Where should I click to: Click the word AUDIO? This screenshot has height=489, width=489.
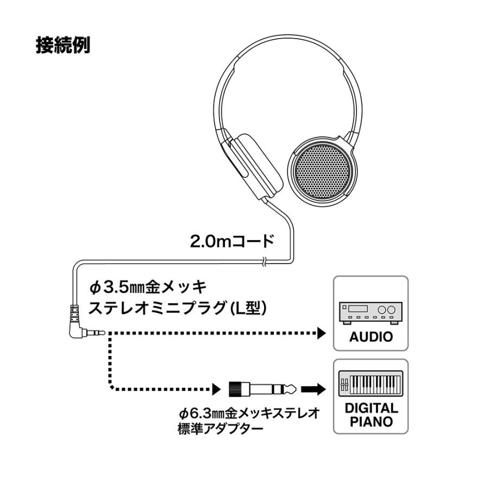[x=371, y=336]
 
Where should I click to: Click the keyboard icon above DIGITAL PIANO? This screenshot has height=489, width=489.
[x=371, y=384]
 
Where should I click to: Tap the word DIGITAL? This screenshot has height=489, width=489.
[x=371, y=408]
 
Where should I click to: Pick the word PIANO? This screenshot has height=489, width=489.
[x=371, y=422]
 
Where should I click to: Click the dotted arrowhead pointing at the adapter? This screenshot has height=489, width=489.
[x=216, y=389]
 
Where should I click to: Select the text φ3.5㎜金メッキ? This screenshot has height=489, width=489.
[x=145, y=287]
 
